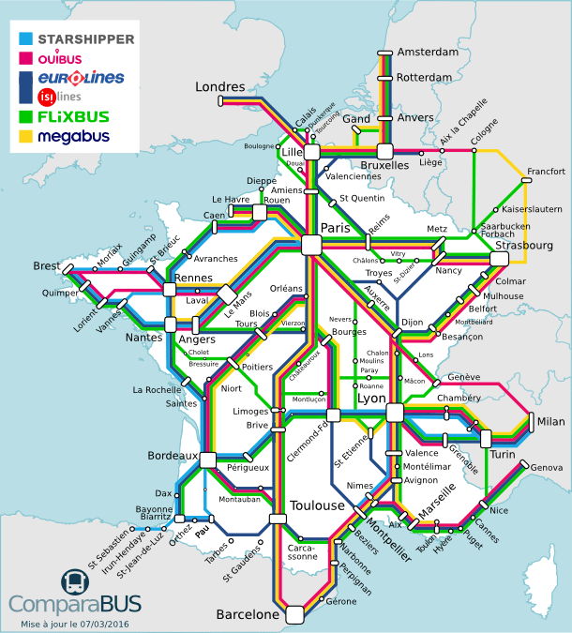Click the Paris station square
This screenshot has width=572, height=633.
(x=311, y=245)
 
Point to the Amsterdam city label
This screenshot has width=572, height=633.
(x=428, y=52)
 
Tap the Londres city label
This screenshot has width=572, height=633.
(x=219, y=86)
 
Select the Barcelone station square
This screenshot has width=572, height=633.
(x=294, y=614)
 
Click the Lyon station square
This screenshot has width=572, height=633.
(x=394, y=413)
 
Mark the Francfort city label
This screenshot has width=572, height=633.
(x=546, y=172)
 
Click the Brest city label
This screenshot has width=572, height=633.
(x=46, y=266)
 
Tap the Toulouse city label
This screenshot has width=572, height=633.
(x=317, y=505)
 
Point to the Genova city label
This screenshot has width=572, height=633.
(x=547, y=467)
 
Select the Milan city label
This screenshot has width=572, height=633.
(x=550, y=421)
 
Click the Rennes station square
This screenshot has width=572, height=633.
(x=170, y=290)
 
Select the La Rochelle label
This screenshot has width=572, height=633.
(x=157, y=390)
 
